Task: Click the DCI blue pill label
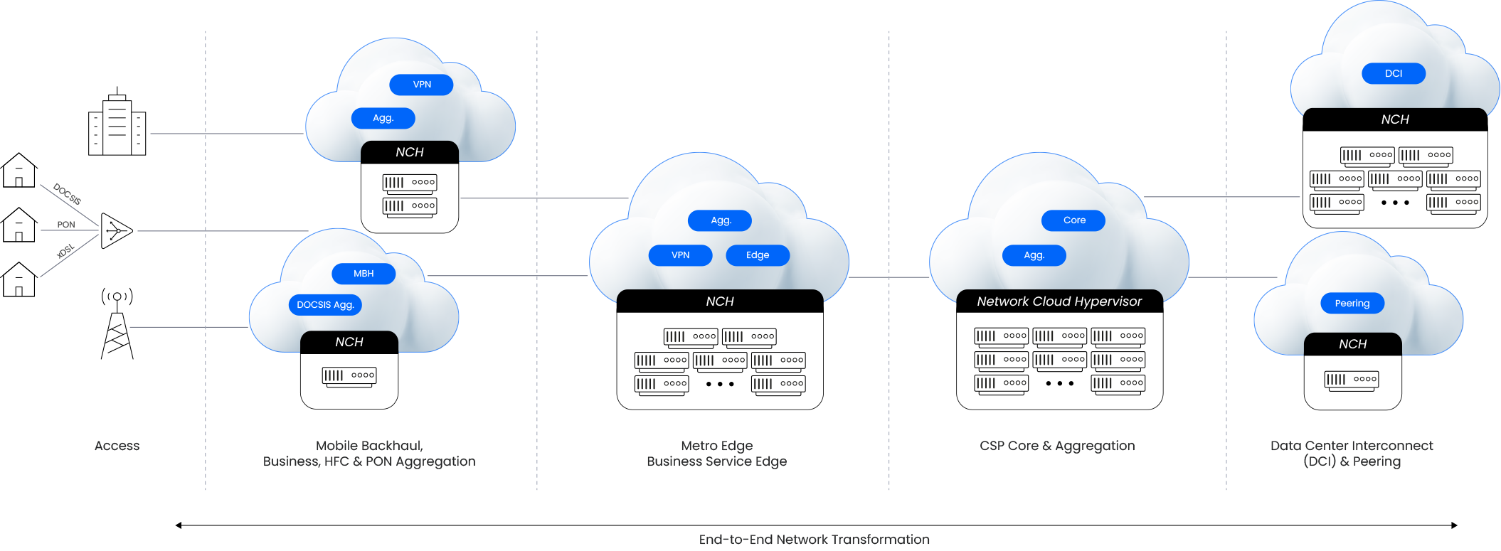click(x=1393, y=73)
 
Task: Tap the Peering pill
click(x=1352, y=303)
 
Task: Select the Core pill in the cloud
click(x=1073, y=220)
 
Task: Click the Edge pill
click(x=758, y=255)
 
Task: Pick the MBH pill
click(x=364, y=274)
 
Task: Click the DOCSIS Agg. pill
click(x=325, y=305)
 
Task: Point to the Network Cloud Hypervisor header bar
click(x=1059, y=301)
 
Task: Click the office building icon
click(x=117, y=122)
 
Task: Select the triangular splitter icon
click(x=116, y=230)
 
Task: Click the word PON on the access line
click(x=66, y=225)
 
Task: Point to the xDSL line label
click(x=65, y=252)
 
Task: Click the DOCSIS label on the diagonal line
click(x=68, y=194)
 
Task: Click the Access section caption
click(x=117, y=446)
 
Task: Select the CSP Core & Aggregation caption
click(x=1057, y=446)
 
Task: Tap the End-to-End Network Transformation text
click(x=814, y=540)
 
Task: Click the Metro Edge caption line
click(x=717, y=446)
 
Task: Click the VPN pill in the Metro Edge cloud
click(x=680, y=255)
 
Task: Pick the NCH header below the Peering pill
click(x=1352, y=344)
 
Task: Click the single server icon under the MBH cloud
click(x=349, y=376)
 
